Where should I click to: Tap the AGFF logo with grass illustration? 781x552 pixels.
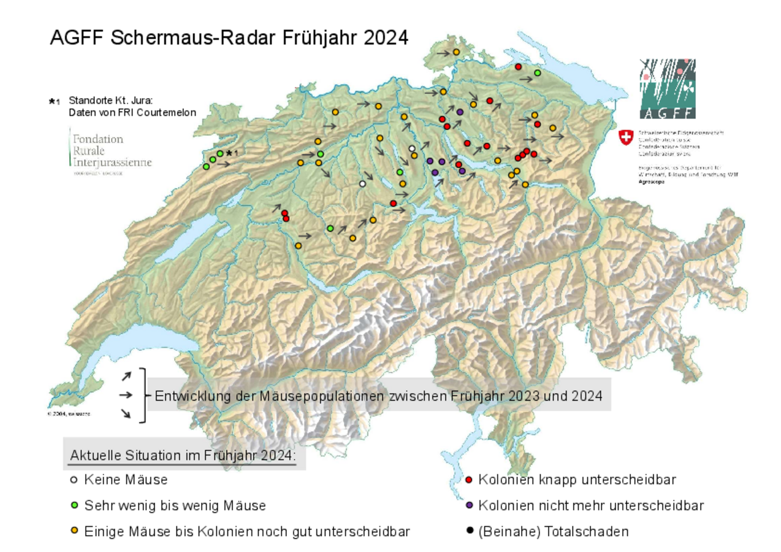(667, 89)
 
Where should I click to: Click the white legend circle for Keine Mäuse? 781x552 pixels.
(74, 479)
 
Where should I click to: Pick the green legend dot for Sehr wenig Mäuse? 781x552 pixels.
(74, 506)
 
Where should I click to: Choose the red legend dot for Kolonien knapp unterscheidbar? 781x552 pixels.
(469, 479)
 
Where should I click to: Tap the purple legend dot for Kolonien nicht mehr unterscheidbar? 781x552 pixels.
(469, 506)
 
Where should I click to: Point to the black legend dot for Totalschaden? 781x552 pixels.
(469, 532)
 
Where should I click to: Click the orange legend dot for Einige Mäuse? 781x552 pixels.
(74, 532)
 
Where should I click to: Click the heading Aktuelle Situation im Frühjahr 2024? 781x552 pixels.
(183, 456)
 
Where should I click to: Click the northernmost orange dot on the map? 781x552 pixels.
(456, 53)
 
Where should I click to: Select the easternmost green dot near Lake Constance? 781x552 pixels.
(538, 73)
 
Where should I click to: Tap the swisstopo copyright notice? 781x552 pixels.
(69, 414)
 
